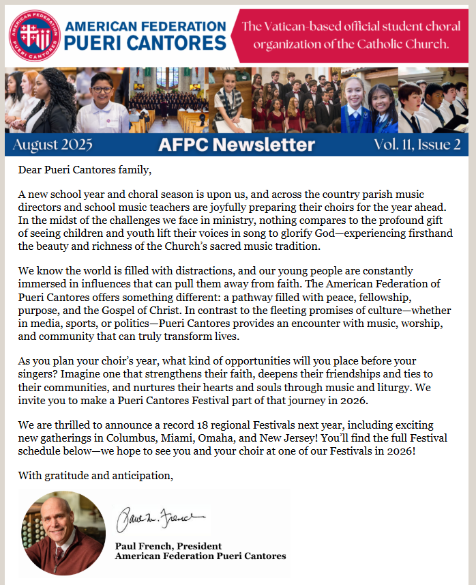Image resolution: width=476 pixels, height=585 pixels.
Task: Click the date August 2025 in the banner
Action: (x=53, y=144)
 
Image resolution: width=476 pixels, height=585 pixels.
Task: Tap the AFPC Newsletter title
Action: (x=237, y=144)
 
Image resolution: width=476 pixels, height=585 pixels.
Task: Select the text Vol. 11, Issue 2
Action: (x=417, y=144)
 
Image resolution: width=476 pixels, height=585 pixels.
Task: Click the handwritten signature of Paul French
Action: (x=160, y=522)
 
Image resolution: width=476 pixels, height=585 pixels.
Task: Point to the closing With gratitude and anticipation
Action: (x=95, y=475)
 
